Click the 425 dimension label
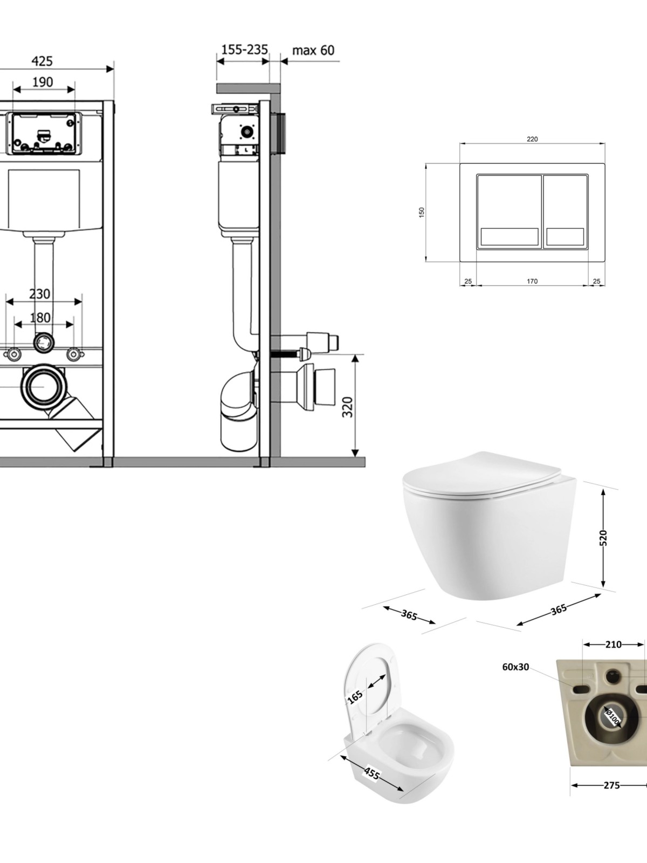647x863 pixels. coord(42,61)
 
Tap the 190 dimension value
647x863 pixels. coord(42,82)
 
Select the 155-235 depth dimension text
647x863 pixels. coord(244,50)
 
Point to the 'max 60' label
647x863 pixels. coord(313,50)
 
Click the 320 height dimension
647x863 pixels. coord(348,407)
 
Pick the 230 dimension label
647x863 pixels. coord(40,294)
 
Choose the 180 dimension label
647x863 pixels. coord(40,317)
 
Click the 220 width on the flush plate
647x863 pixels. coord(532,139)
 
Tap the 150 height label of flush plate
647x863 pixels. coord(422,213)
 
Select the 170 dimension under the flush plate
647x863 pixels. coord(532,281)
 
